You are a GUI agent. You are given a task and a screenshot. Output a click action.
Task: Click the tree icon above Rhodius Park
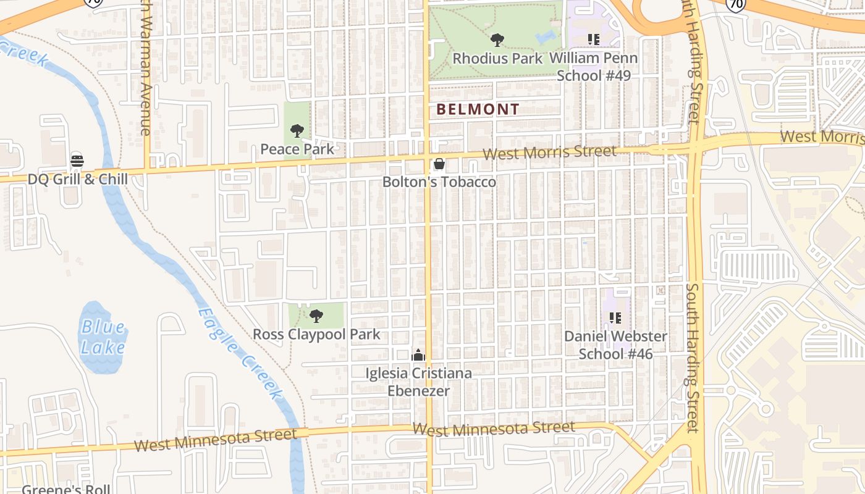pos(497,41)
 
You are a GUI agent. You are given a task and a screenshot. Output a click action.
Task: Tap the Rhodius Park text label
pos(497,59)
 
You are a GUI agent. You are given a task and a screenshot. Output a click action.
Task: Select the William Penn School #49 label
pos(593,67)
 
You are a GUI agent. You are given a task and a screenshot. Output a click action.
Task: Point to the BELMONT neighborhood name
pos(478,110)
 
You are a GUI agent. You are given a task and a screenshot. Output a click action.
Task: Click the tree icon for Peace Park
pos(297,131)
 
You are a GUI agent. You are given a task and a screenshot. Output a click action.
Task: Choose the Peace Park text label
pos(297,149)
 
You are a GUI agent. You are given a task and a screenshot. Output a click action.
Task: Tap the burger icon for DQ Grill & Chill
pos(77,161)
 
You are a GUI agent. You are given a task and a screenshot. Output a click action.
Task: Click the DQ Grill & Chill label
pos(78,179)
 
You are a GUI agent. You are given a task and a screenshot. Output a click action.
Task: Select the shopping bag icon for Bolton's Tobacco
pos(439,164)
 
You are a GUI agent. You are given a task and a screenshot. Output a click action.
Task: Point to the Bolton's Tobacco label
pos(439,182)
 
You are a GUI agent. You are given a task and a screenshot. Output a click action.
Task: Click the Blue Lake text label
pos(103,337)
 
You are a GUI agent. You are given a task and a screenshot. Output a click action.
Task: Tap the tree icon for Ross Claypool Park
pos(316,317)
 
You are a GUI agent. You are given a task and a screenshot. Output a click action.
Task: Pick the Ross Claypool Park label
pos(316,335)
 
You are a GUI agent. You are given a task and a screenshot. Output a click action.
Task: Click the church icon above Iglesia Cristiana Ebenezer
pos(418,356)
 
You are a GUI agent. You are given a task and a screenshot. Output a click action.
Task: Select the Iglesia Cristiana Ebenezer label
pos(418,382)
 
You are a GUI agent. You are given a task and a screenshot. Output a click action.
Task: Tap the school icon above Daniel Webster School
pos(615,318)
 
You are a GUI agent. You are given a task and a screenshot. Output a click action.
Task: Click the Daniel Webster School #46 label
pos(615,345)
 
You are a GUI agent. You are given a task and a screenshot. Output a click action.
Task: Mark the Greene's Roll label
pos(66,489)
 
